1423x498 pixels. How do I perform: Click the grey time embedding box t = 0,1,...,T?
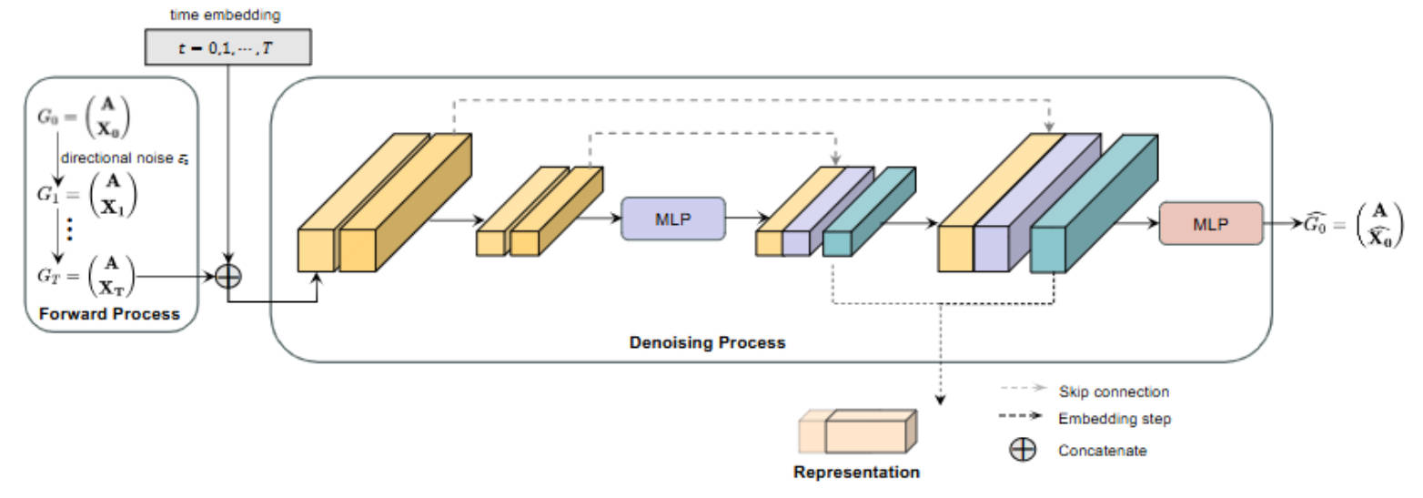[x=227, y=47]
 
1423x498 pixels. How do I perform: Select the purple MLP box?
[x=672, y=219]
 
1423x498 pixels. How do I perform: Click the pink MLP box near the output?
[x=1211, y=223]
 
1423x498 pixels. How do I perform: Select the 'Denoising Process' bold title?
[x=707, y=343]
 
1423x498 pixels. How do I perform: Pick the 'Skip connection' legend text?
[x=1114, y=391]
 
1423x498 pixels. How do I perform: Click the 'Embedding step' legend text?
[x=1115, y=420]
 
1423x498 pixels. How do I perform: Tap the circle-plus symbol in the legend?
[x=1024, y=450]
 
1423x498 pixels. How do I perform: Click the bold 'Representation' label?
[x=856, y=473]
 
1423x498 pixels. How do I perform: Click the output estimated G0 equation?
[x=1351, y=223]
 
